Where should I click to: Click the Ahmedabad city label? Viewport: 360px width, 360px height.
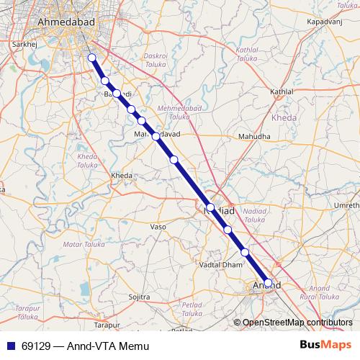point(66,24)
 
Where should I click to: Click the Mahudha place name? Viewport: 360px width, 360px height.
point(254,136)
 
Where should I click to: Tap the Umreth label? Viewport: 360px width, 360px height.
point(343,205)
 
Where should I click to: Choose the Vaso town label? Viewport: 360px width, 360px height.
point(158,227)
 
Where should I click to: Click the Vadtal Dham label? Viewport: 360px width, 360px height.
point(220,265)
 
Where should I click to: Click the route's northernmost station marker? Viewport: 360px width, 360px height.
point(91,58)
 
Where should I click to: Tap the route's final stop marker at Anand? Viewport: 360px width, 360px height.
point(268,283)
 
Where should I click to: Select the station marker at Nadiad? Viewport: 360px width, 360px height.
point(210,208)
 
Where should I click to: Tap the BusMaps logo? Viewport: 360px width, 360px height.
point(325,346)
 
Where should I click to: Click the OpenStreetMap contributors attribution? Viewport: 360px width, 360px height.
point(297,323)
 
